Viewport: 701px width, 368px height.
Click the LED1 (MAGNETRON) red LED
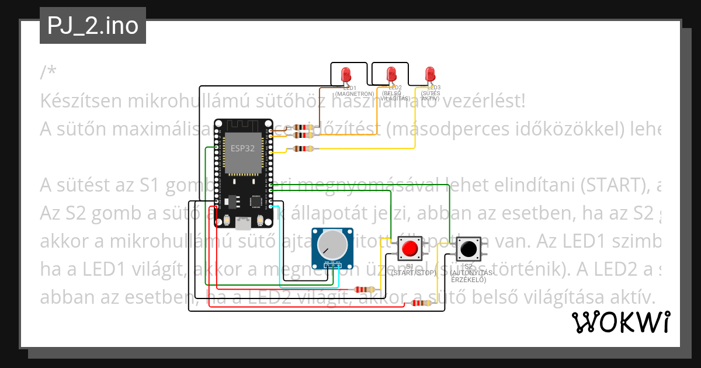(x=346, y=74)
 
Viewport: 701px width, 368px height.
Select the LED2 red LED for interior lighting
(x=391, y=74)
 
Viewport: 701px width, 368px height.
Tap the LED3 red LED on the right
(x=430, y=74)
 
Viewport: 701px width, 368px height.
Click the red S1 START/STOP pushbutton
(x=410, y=249)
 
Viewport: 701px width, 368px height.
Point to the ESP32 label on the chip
(x=242, y=148)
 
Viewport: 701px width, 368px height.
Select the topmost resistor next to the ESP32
(x=303, y=127)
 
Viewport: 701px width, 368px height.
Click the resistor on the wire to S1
(x=365, y=289)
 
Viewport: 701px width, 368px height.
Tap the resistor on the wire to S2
(x=421, y=303)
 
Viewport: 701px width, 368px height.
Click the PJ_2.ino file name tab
(x=93, y=26)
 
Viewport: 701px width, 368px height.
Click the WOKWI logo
(x=620, y=322)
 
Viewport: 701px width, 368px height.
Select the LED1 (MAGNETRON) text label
(x=354, y=91)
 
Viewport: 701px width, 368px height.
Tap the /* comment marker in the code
(x=48, y=72)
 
